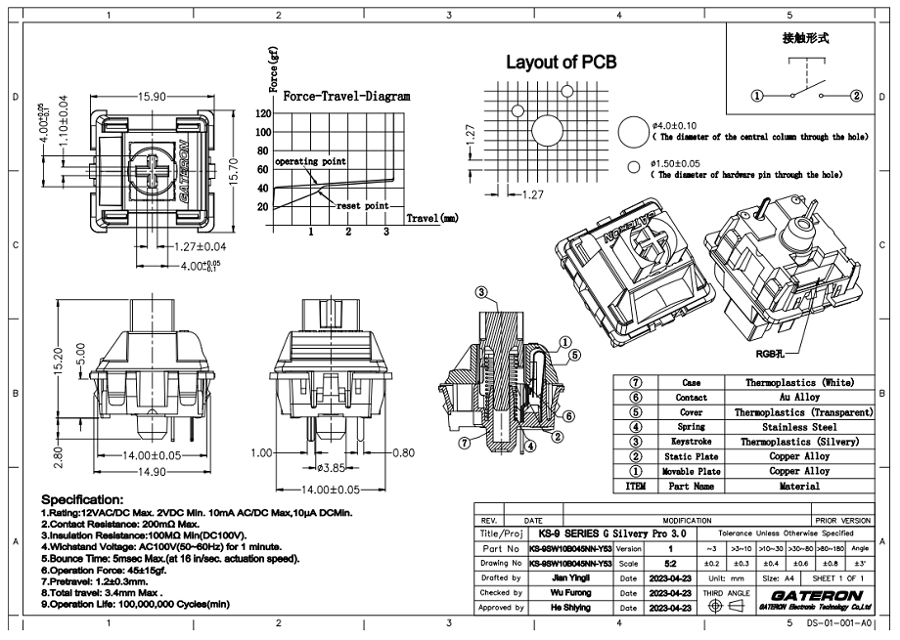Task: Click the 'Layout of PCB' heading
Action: click(561, 63)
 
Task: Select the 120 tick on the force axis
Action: click(263, 113)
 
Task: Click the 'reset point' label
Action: click(363, 207)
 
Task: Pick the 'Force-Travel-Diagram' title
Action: click(346, 97)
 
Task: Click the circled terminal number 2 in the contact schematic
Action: click(856, 96)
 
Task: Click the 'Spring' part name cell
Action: click(692, 427)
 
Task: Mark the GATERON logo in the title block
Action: click(817, 594)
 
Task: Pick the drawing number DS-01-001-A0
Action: click(837, 622)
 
